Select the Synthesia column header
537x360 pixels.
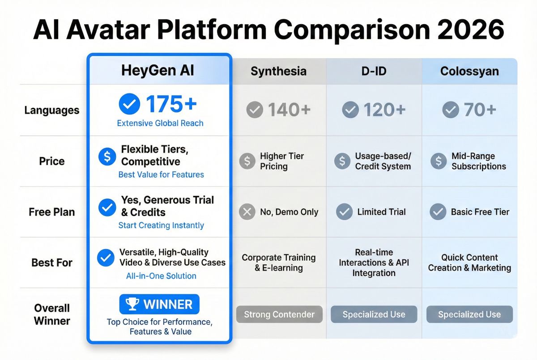[278, 71]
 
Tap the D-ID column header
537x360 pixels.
[374, 71]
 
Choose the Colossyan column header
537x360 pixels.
[469, 71]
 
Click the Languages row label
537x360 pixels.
[52, 110]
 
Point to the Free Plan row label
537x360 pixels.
[52, 212]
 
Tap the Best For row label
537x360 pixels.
[52, 263]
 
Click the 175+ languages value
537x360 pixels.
[171, 104]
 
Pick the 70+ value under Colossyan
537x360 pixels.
[480, 110]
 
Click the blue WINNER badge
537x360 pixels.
[159, 305]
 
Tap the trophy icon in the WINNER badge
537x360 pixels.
[132, 305]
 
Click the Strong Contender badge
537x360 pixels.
[279, 314]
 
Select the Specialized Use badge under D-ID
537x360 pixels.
[374, 314]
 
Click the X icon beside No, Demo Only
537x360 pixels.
[247, 212]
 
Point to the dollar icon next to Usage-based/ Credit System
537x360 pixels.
[342, 161]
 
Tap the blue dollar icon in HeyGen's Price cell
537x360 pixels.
[107, 157]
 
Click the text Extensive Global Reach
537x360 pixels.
[160, 123]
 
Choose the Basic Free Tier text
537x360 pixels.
[480, 212]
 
